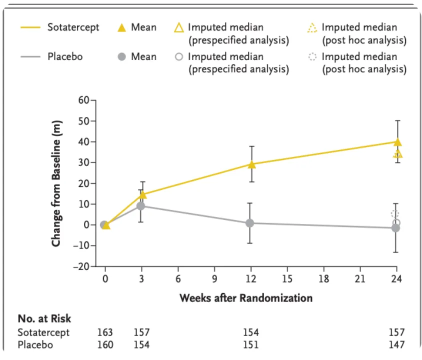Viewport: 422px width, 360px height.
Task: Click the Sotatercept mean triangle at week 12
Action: point(251,164)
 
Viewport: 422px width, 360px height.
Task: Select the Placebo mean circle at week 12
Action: point(250,223)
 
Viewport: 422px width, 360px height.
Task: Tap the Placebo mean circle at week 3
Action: point(141,206)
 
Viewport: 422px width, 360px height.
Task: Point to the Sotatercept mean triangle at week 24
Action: point(397,142)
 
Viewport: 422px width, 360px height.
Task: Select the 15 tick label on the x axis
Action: point(287,278)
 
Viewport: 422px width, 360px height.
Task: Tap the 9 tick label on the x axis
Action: point(214,278)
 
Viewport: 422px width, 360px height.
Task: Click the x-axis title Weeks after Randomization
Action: point(246,298)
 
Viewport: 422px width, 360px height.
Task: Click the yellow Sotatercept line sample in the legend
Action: point(30,27)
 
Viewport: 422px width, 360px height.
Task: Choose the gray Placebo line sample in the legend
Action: point(30,57)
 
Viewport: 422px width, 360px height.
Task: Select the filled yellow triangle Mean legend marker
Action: point(121,28)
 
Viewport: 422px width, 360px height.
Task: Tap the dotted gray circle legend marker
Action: point(313,57)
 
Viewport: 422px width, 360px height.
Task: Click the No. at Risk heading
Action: point(44,318)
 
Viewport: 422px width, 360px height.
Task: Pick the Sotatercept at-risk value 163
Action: point(105,332)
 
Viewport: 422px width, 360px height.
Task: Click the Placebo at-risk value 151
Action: point(250,345)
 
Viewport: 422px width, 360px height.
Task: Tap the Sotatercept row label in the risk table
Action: point(43,332)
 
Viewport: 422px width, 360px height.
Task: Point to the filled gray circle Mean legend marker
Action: point(121,57)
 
